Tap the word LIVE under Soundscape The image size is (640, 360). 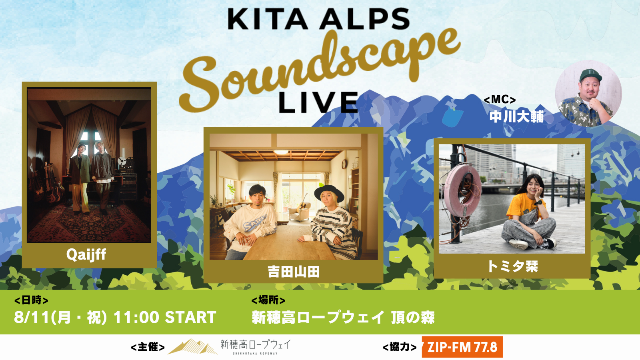[318, 102]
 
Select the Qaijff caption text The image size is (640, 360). [86, 254]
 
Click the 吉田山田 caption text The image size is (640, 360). [294, 272]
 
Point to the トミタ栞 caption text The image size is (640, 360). [512, 266]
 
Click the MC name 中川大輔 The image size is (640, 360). [516, 116]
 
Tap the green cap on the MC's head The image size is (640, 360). [590, 75]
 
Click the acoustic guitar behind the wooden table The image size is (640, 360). [303, 204]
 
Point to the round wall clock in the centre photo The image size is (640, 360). [344, 164]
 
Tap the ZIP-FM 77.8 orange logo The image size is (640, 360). [462, 347]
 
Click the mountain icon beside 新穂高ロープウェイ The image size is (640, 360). [192, 346]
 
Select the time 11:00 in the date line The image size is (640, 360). [136, 317]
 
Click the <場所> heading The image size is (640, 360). [268, 300]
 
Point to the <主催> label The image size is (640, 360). [148, 347]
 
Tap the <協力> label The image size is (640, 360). [400, 347]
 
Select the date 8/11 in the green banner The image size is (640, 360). [32, 317]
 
